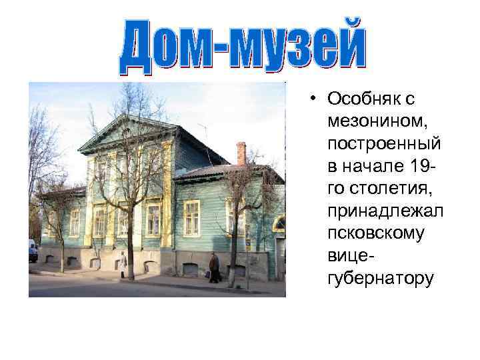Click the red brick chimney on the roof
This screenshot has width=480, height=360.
tap(241, 153)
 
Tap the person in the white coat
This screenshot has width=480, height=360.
tap(123, 264)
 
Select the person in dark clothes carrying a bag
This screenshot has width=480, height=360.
tap(213, 267)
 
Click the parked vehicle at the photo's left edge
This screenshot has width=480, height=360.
tap(33, 251)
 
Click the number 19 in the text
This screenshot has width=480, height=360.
tap(425, 166)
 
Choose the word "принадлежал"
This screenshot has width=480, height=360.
tap(386, 211)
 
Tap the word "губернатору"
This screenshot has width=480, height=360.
tap(381, 278)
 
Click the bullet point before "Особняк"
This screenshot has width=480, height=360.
tap(313, 100)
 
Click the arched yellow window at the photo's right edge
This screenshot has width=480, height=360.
tap(280, 225)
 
